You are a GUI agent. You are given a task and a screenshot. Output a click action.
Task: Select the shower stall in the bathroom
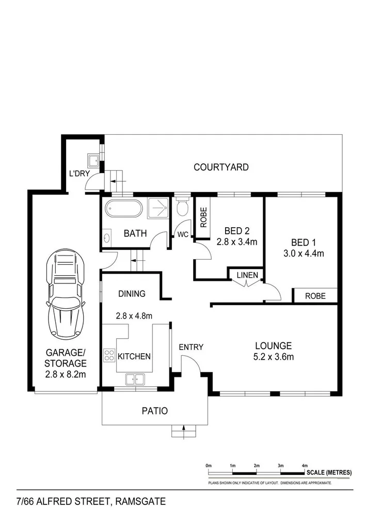click(158, 209)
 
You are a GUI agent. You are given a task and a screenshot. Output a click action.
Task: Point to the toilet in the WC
click(181, 208)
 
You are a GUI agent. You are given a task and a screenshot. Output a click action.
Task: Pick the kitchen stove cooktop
click(109, 355)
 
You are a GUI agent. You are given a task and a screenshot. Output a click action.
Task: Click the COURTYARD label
click(221, 167)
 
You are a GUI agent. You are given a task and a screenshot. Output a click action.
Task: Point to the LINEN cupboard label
click(247, 275)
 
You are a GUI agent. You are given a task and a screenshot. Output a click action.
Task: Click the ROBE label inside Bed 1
click(315, 296)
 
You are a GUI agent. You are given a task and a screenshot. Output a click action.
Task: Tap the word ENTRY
click(191, 347)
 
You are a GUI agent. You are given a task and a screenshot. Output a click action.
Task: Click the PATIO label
click(155, 411)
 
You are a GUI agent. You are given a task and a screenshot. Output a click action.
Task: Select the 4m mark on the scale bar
click(305, 466)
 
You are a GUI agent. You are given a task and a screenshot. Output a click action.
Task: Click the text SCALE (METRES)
click(329, 472)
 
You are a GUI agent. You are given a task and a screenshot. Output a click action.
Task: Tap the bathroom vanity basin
click(107, 239)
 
